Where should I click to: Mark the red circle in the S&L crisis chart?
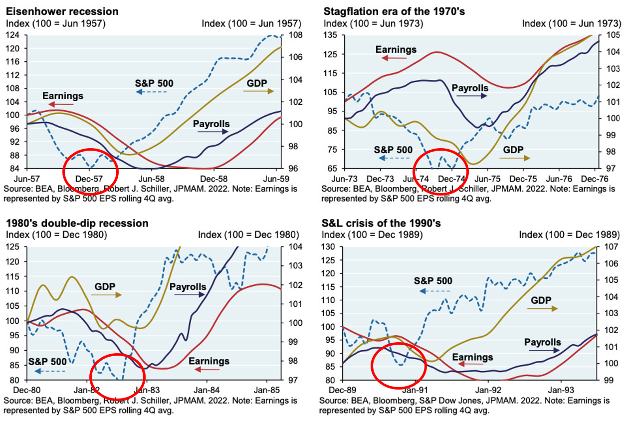[399, 365]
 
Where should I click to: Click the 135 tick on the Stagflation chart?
[330, 35]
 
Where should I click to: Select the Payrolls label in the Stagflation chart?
[470, 88]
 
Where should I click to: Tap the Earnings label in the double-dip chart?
[210, 361]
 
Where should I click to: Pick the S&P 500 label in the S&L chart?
[433, 281]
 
